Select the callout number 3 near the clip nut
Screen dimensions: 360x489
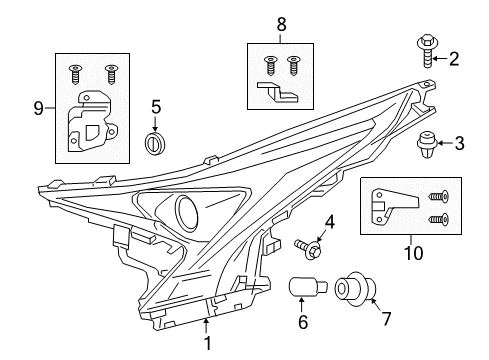point(459,144)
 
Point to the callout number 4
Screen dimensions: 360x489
point(328,220)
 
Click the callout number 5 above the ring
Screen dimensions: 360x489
point(155,105)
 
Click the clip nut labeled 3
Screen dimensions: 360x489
point(427,148)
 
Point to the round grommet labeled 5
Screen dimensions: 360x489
point(155,143)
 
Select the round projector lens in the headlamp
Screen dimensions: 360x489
point(186,212)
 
